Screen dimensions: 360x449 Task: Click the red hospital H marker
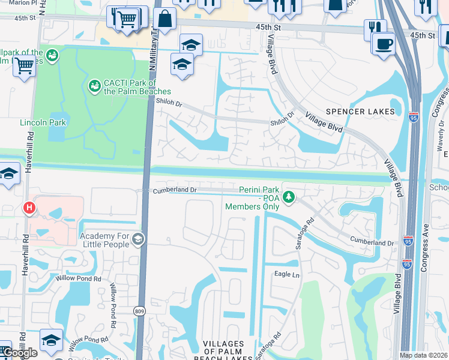click(28, 208)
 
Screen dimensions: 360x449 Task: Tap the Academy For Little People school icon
click(138, 240)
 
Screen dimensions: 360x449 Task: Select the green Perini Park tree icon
click(289, 197)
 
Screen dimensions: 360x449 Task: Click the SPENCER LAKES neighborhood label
click(360, 112)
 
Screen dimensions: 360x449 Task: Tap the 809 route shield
click(139, 311)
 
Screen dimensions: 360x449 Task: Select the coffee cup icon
click(383, 43)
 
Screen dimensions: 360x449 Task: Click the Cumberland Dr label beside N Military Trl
click(175, 190)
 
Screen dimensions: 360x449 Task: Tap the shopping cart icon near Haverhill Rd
click(24, 66)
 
